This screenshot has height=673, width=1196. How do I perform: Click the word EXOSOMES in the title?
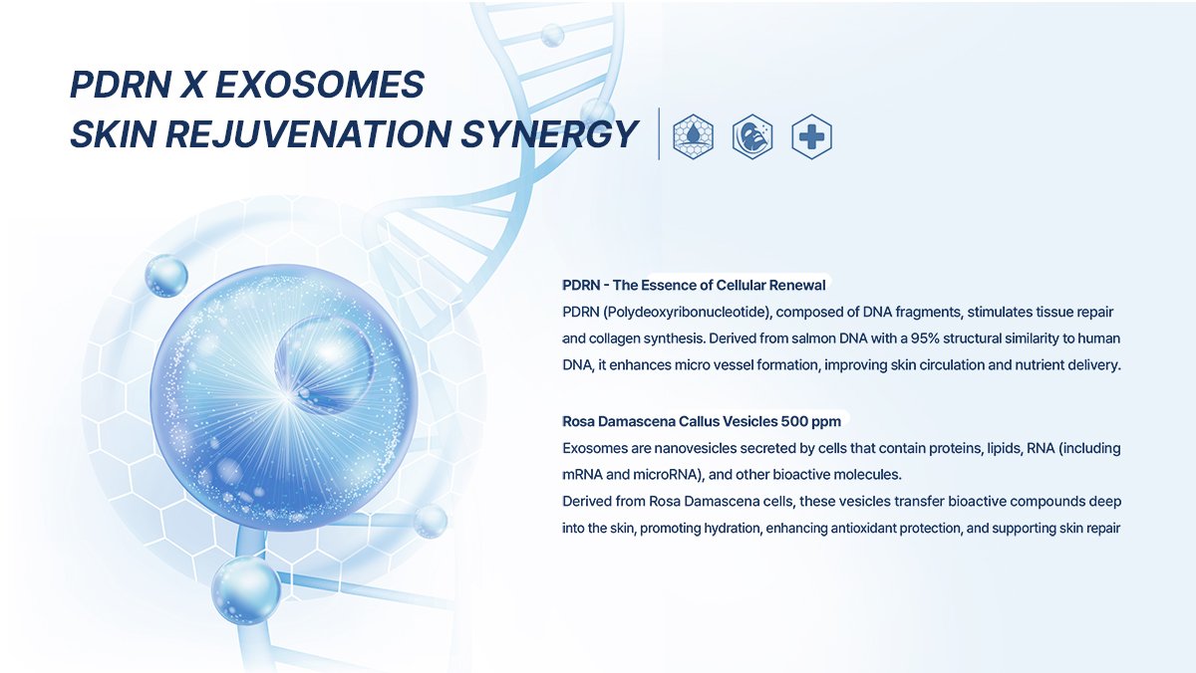[x=320, y=85]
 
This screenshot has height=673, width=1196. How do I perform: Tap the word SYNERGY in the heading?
[x=548, y=133]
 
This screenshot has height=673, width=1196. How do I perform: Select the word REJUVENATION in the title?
[x=309, y=133]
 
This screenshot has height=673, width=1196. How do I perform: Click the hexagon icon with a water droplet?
[x=693, y=136]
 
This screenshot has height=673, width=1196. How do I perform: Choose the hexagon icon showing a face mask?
[x=752, y=136]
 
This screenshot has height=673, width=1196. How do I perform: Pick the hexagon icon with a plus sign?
[x=811, y=136]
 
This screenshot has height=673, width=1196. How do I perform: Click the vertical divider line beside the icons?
[x=659, y=133]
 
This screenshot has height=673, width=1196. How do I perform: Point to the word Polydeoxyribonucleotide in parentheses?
[x=687, y=312]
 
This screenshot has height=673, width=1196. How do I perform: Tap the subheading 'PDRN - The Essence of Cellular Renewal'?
[x=694, y=285]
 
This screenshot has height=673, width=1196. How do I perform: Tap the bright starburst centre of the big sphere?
[x=287, y=397]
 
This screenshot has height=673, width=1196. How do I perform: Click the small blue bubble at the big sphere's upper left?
[x=166, y=276]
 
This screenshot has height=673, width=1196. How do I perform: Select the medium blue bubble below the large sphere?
[x=246, y=590]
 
